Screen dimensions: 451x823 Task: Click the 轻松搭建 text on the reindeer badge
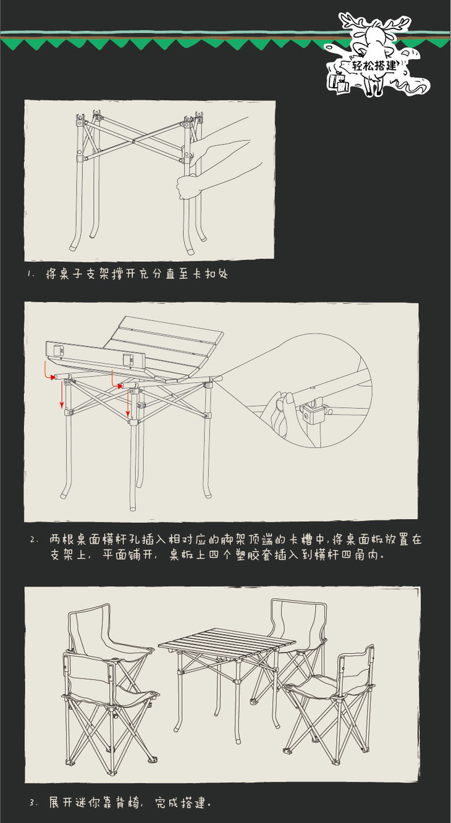point(374,65)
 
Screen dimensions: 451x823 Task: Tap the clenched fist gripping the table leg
point(188,186)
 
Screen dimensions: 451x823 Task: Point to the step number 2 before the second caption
point(34,540)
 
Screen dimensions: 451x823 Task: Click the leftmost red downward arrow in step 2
point(62,395)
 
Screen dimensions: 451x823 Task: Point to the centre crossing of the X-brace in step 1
point(134,141)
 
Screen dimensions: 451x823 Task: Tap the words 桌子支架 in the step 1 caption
point(82,274)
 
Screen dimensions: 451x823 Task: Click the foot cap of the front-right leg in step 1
point(190,252)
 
